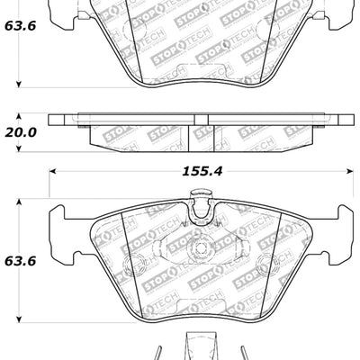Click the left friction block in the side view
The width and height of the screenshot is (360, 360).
pyautogui.click(x=139, y=134)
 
